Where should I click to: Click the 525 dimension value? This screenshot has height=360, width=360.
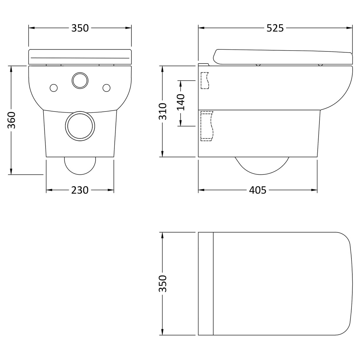point(275,28)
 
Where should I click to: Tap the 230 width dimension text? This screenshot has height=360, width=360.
point(80,190)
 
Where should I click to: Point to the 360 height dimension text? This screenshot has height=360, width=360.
point(11,120)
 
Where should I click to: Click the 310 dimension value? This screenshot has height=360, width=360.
point(162,111)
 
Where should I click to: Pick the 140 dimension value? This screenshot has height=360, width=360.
point(180,102)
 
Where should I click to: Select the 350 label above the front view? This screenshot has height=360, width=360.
point(80,28)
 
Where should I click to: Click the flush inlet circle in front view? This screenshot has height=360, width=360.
point(80,80)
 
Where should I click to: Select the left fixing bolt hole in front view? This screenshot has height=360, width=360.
point(54,88)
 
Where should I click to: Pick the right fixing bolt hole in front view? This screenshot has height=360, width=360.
point(106,88)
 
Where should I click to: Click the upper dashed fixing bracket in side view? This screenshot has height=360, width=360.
point(204,80)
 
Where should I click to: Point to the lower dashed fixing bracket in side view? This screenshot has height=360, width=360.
point(206,126)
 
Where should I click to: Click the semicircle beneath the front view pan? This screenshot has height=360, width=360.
point(80,166)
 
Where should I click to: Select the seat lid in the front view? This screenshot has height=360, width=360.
point(80,56)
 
